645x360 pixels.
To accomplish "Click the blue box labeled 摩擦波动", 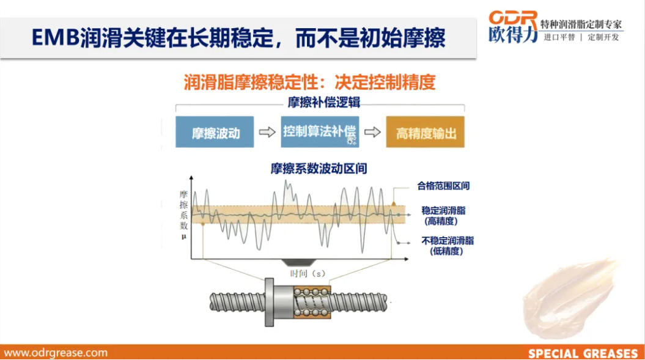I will click(x=215, y=132).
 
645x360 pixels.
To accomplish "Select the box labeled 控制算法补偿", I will click(x=320, y=131).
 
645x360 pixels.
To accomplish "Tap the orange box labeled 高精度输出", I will click(x=425, y=132).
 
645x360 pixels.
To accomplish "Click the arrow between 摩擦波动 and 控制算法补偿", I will click(x=267, y=132).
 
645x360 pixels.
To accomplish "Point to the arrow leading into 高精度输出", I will click(x=372, y=132).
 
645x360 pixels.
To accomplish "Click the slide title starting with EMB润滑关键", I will click(x=238, y=39).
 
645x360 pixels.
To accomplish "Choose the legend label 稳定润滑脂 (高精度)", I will click(x=443, y=215).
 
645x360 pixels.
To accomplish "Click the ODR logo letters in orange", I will click(x=514, y=17).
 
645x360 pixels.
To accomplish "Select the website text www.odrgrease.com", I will click(x=56, y=353).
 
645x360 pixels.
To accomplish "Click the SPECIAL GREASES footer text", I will click(x=583, y=353).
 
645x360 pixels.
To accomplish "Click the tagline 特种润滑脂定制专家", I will click(x=581, y=24).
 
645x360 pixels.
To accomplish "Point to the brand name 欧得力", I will click(x=514, y=36).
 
